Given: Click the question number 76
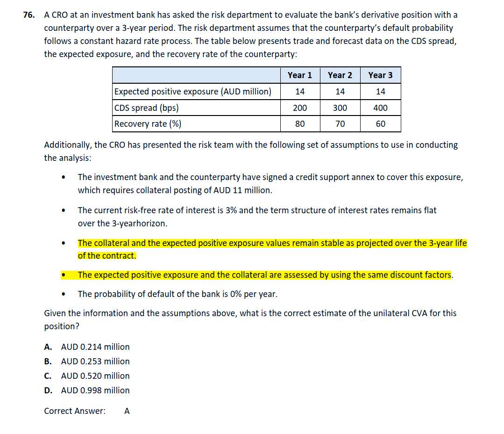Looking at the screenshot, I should coord(28,15).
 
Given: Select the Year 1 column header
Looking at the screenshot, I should coord(300,75).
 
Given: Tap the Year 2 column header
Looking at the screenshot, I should coord(340,75).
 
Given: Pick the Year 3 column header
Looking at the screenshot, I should coord(380,75).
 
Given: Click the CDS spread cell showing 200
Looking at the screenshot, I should coord(300,108).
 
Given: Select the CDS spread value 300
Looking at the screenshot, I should coord(340,108).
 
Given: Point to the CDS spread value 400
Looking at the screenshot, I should coord(380,108).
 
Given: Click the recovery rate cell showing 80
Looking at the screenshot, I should coord(300,124).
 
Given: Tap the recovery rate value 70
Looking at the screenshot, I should coord(340,124).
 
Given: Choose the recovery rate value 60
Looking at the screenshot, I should coord(380,124).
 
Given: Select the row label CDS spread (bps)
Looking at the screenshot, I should coord(146,108).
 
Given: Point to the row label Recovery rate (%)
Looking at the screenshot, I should coord(148,124).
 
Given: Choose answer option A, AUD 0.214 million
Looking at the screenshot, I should coord(95,347).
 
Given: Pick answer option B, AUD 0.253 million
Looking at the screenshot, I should coord(95,362).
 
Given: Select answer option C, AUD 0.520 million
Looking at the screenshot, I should coord(95,376).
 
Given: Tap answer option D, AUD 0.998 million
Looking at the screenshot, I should coord(95,391).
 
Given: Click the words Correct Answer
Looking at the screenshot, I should coord(75,411).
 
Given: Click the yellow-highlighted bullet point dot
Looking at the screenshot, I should coord(63,275).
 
